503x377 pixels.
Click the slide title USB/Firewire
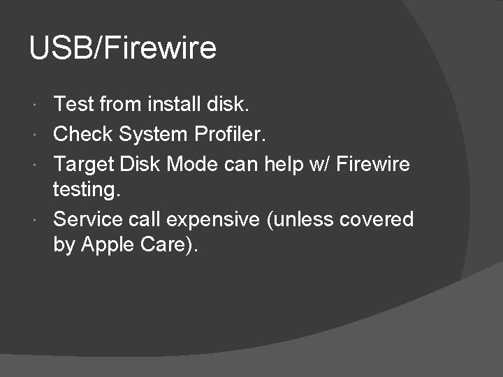[x=123, y=49]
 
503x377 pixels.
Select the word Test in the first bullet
[x=74, y=105]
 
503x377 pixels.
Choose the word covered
[x=377, y=219]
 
